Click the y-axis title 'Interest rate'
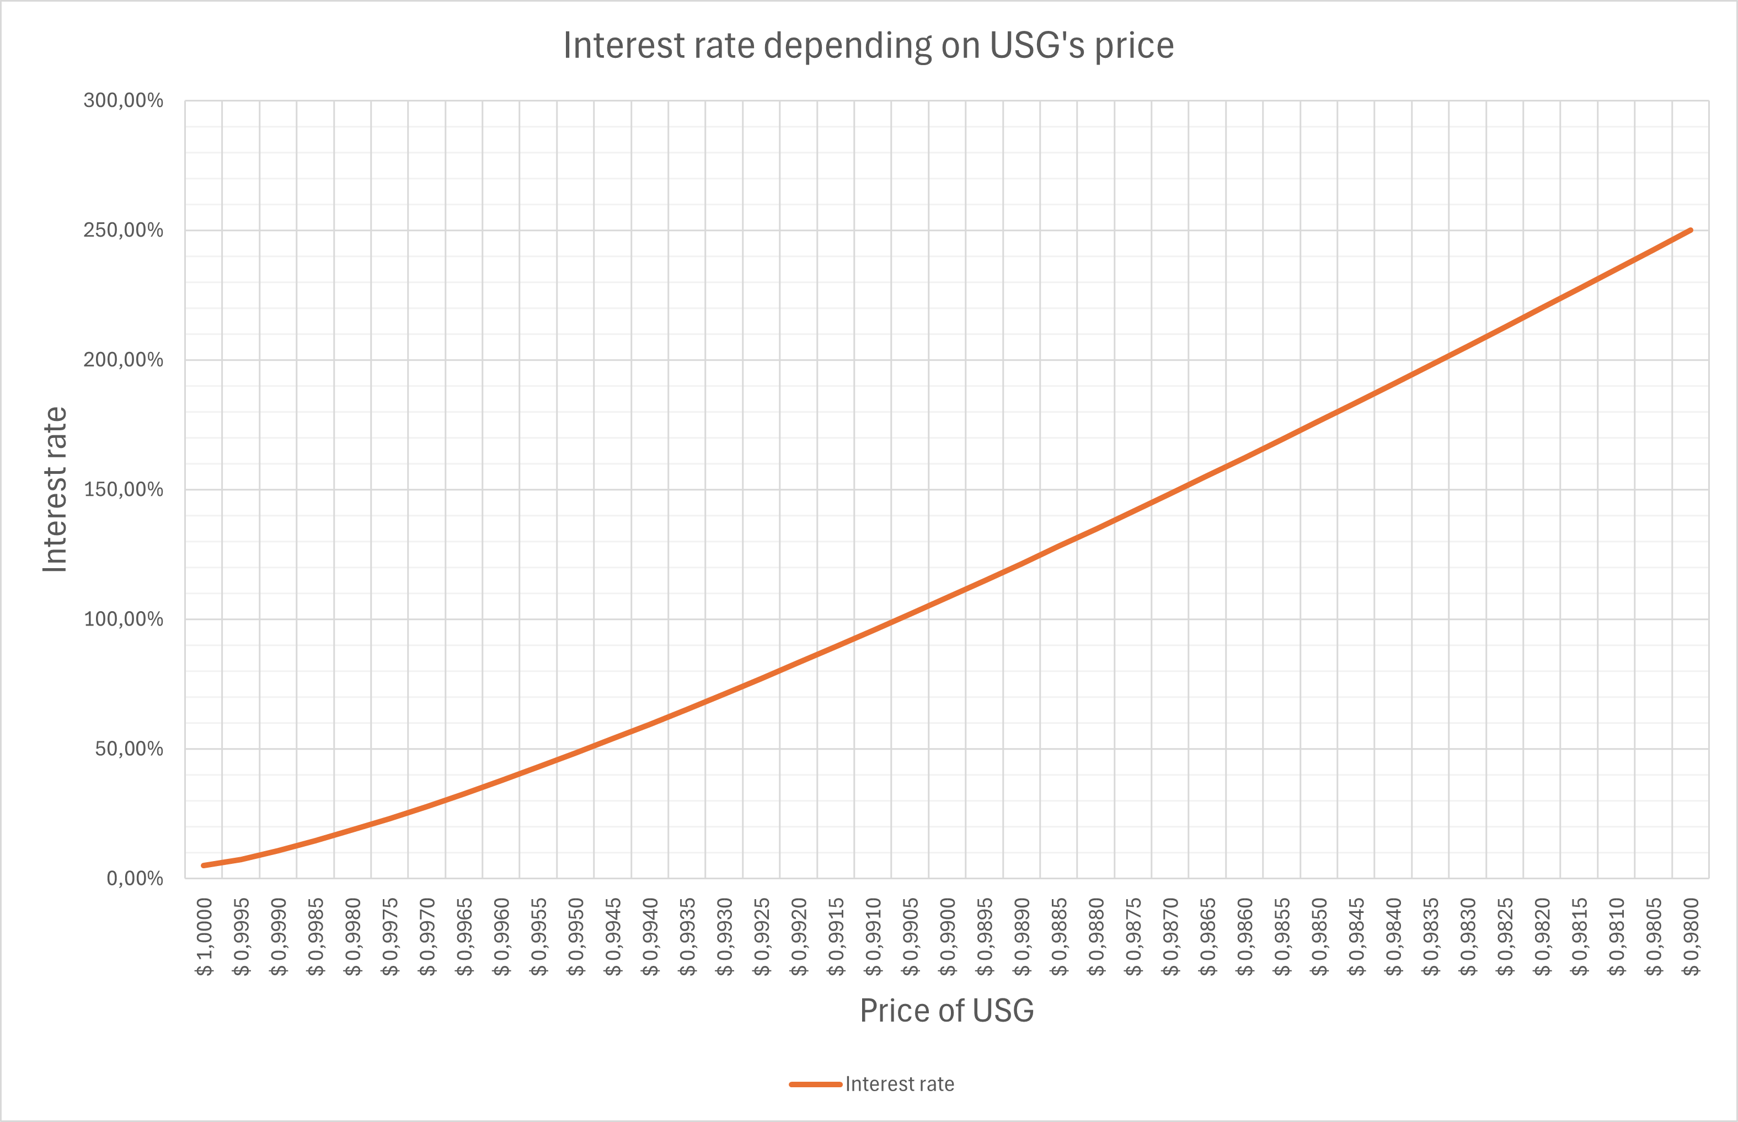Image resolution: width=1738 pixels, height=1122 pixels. pyautogui.click(x=55, y=490)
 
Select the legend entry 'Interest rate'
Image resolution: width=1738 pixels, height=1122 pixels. pyautogui.click(x=872, y=1084)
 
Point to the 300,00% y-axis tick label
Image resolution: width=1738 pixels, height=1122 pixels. pyautogui.click(x=123, y=100)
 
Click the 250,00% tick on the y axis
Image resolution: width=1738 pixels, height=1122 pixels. pyautogui.click(x=123, y=230)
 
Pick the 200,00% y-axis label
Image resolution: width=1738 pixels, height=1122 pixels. pyautogui.click(x=123, y=360)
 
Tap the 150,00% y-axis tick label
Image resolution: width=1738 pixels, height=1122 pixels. pyautogui.click(x=123, y=490)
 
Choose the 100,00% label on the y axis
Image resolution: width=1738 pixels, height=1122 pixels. pyautogui.click(x=123, y=619)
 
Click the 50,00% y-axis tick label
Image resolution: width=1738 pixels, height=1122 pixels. pyautogui.click(x=129, y=749)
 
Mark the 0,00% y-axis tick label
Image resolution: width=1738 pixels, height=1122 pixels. pyautogui.click(x=135, y=879)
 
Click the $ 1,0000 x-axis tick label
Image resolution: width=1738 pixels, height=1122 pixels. pyautogui.click(x=204, y=937)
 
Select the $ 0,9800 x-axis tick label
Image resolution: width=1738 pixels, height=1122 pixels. pyautogui.click(x=1691, y=937)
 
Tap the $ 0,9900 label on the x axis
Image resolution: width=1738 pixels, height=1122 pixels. pyautogui.click(x=947, y=937)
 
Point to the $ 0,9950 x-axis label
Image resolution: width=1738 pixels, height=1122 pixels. pyautogui.click(x=575, y=937)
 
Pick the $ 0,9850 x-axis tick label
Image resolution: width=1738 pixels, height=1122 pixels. pyautogui.click(x=1319, y=937)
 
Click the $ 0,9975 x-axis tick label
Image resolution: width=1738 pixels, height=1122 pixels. pyautogui.click(x=390, y=937)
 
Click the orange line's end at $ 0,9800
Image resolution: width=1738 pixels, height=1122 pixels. pyautogui.click(x=1691, y=230)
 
